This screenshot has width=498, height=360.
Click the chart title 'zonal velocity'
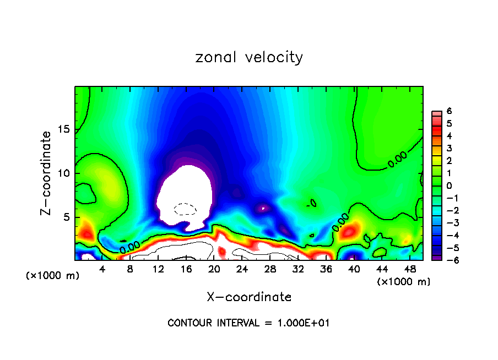(249, 57)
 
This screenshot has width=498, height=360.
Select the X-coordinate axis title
(249, 297)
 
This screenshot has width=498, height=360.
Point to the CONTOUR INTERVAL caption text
(248, 323)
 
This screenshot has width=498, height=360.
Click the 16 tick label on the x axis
(186, 269)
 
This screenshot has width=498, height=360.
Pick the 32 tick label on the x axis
(298, 269)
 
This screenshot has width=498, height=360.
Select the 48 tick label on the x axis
(410, 269)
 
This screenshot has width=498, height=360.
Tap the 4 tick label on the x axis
(102, 269)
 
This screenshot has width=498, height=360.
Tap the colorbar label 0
(450, 186)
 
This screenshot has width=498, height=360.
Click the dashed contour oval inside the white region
(185, 209)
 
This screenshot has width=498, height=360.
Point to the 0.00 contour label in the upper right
(397, 159)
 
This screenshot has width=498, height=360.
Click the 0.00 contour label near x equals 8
(129, 247)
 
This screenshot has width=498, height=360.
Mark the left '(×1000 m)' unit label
(53, 275)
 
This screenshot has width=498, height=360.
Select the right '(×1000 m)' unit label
(404, 282)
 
